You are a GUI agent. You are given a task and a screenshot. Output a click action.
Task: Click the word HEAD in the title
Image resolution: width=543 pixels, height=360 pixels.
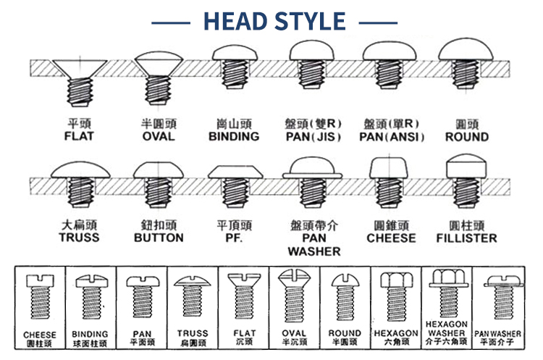(235, 21)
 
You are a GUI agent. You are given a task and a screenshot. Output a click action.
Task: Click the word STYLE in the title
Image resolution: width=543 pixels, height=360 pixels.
(311, 21)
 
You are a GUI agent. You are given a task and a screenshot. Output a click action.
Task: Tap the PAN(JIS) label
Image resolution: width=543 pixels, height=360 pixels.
(313, 137)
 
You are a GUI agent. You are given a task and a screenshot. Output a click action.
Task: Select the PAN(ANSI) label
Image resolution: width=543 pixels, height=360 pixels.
(392, 137)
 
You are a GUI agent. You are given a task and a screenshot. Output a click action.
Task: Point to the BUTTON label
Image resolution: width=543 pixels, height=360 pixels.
(159, 238)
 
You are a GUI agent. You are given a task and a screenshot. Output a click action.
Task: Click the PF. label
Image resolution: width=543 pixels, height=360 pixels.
(234, 238)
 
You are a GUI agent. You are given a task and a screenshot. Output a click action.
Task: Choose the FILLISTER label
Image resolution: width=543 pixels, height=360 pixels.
(466, 238)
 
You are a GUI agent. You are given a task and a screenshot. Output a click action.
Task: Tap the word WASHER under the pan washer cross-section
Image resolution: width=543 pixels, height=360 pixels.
(314, 251)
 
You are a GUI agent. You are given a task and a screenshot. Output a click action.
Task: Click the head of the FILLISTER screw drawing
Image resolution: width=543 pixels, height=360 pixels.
(466, 167)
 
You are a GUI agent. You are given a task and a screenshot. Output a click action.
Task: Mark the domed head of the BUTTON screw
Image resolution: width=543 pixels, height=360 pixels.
(159, 170)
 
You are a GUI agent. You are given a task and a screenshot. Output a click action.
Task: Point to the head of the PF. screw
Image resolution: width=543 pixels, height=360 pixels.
(235, 172)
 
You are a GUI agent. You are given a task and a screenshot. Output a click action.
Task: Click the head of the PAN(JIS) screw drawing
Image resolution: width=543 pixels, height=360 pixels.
(311, 51)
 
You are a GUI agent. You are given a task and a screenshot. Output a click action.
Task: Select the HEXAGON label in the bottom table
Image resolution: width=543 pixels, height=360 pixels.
(396, 333)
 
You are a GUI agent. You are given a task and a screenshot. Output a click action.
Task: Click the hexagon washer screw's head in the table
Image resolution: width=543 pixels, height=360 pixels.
(447, 278)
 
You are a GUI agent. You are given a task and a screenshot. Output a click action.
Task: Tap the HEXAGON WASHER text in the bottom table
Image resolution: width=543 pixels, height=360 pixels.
(447, 328)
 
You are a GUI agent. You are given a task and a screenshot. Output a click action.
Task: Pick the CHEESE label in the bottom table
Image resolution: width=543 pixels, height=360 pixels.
(40, 335)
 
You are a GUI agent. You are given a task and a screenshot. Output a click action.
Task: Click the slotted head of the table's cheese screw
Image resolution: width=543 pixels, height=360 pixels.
(40, 281)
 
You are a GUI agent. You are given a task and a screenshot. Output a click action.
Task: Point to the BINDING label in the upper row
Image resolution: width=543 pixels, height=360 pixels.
(234, 136)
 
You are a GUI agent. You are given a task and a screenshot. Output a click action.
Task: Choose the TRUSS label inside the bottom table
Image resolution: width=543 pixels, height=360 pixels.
(193, 333)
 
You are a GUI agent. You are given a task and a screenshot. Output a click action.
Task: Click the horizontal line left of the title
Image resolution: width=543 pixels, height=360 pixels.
(171, 23)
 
